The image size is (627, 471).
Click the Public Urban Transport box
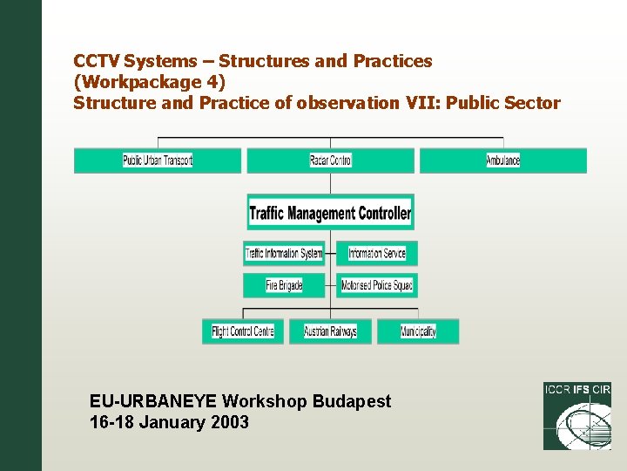158,160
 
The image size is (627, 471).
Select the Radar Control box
330,160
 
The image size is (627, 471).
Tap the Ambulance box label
502,160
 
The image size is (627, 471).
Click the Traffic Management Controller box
330,213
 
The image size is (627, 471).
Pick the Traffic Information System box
284,254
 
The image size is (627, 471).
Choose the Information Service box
377,254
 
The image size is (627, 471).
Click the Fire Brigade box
284,285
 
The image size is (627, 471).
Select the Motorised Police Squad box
377,285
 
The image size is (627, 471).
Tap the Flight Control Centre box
243,331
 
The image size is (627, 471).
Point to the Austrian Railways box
330,331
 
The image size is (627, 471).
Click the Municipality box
418,331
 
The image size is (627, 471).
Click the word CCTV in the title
97,61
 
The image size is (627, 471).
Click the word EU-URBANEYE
153,401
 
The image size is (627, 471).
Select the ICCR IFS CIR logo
576,416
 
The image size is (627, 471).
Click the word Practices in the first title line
392,61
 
